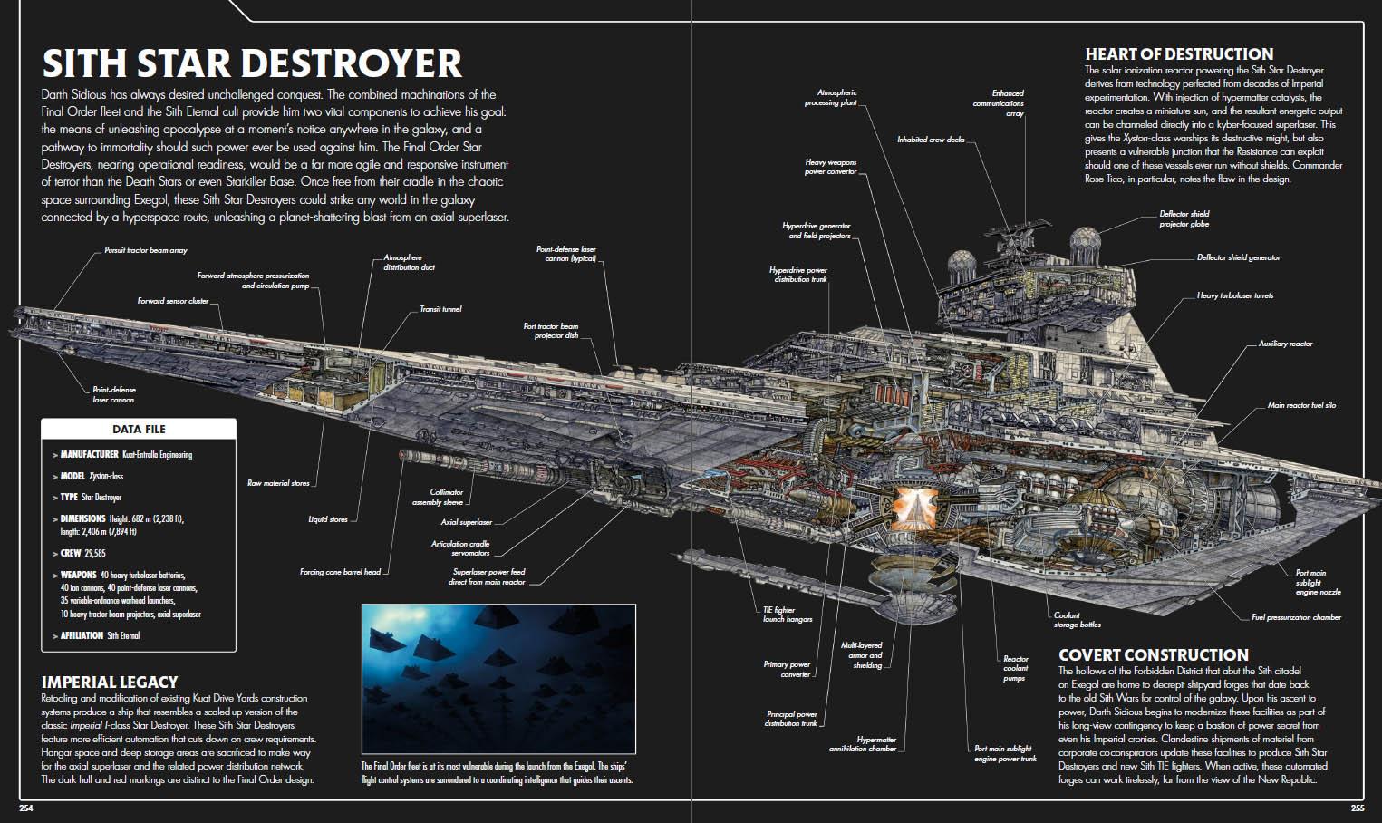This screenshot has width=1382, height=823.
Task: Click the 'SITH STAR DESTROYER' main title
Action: pyautogui.click(x=252, y=63)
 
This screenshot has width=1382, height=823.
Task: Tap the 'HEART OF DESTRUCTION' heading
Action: pyautogui.click(x=1179, y=54)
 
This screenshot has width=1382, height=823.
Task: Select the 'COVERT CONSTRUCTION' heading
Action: pyautogui.click(x=1153, y=655)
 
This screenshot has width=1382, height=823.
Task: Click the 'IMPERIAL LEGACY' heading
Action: pyautogui.click(x=110, y=683)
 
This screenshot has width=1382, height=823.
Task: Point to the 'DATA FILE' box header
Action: pyautogui.click(x=139, y=429)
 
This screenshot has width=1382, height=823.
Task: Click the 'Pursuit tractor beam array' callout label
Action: pyautogui.click(x=146, y=250)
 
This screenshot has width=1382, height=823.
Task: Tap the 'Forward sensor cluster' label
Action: pyautogui.click(x=173, y=301)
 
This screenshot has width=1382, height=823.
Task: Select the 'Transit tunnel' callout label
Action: pyautogui.click(x=440, y=309)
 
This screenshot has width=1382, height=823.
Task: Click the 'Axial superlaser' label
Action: pyautogui.click(x=467, y=522)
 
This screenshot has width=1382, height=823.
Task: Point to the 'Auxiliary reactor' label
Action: pyautogui.click(x=1285, y=344)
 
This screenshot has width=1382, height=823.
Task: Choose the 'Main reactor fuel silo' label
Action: pyautogui.click(x=1301, y=405)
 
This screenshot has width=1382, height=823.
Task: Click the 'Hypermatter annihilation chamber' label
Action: pyautogui.click(x=863, y=744)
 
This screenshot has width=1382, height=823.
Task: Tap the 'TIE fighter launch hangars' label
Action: pyautogui.click(x=788, y=615)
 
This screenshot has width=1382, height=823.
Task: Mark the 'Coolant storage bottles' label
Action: pyautogui.click(x=1078, y=620)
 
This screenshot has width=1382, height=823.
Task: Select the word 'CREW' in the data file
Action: pyautogui.click(x=71, y=553)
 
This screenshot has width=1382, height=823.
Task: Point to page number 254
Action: pyautogui.click(x=25, y=808)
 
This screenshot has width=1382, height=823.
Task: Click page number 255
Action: pyautogui.click(x=1357, y=808)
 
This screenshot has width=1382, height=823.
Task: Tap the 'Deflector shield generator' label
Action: pyautogui.click(x=1238, y=258)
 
